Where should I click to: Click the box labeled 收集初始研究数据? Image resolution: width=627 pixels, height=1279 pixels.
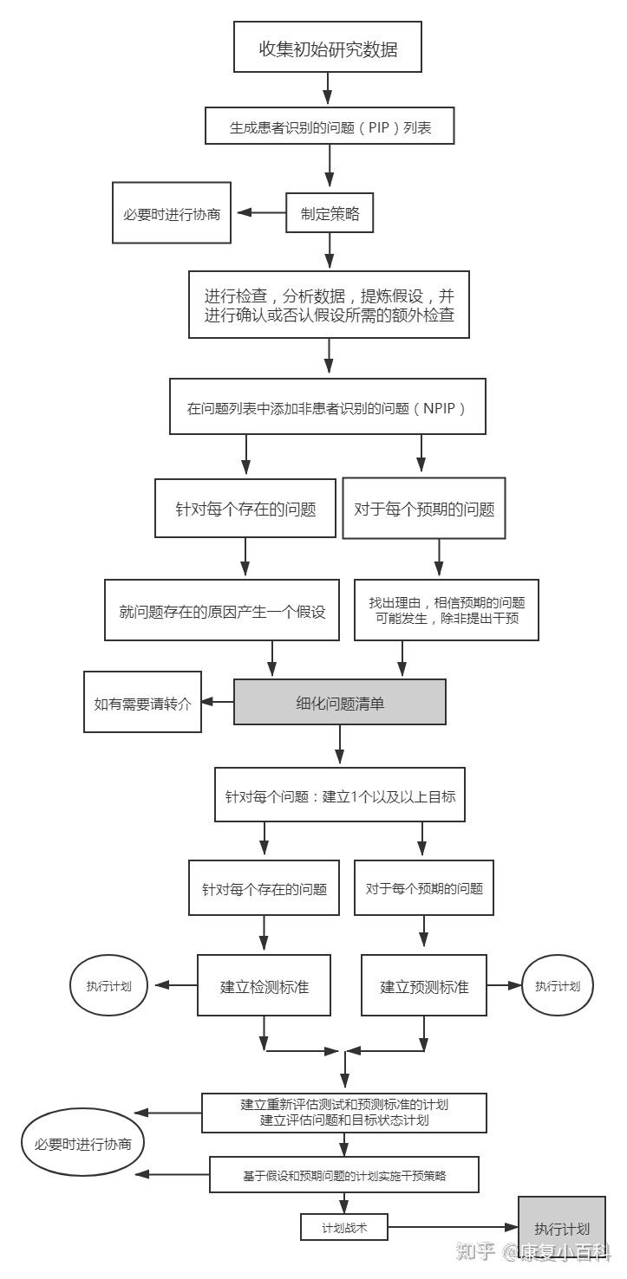[x=328, y=48]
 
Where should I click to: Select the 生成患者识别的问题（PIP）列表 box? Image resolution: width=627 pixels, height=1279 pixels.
[x=330, y=126]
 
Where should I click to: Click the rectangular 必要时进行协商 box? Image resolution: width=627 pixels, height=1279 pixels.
[x=172, y=212]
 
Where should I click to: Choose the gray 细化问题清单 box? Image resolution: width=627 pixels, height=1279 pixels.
[x=340, y=702]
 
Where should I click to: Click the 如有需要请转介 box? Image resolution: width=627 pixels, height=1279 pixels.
[x=142, y=702]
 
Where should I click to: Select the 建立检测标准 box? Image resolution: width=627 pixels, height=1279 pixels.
[x=265, y=985]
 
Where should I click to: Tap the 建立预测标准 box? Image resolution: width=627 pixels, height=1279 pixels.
[x=424, y=985]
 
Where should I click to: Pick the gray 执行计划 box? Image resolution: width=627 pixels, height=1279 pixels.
[x=561, y=1228]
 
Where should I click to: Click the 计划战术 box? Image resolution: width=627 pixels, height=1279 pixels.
[x=344, y=1227]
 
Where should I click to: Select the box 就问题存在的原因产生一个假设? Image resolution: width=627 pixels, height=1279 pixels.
[x=222, y=610]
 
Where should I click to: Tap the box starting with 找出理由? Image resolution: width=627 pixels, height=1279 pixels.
[x=447, y=610]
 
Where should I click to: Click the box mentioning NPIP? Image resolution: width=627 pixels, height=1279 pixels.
[x=327, y=406]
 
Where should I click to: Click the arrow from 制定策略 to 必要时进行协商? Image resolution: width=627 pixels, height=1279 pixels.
[x=262, y=213]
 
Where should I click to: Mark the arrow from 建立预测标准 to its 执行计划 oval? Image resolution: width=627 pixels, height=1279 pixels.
[x=504, y=985]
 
